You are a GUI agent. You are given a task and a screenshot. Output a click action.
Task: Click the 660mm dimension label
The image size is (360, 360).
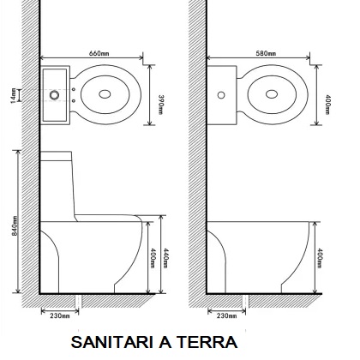[99, 53]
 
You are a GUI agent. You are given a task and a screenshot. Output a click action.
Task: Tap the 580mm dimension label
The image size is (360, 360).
[266, 53]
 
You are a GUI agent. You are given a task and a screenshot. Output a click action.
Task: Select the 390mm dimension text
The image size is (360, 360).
[161, 105]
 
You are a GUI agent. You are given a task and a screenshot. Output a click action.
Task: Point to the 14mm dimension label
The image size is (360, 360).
[14, 96]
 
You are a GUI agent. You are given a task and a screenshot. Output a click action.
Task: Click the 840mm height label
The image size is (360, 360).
[15, 225]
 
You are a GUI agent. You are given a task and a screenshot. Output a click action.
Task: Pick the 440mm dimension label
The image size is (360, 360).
[165, 258]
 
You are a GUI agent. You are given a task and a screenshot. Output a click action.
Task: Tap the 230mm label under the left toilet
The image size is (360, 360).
[60, 315]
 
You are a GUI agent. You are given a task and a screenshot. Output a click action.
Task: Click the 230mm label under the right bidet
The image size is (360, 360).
[226, 315]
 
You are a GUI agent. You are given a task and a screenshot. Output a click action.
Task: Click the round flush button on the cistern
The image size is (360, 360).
[54, 95]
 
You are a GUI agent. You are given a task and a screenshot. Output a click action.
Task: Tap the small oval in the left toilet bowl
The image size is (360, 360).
[105, 94]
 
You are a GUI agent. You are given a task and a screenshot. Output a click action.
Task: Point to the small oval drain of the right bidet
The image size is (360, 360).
[272, 94]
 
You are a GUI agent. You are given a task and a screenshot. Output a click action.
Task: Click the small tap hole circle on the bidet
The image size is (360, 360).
[221, 95]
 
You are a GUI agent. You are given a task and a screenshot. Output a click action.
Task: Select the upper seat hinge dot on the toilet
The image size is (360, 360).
[74, 89]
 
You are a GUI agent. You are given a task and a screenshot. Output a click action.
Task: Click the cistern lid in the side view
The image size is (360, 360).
[56, 156]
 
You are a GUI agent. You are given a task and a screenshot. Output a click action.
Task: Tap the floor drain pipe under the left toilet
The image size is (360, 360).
[78, 302]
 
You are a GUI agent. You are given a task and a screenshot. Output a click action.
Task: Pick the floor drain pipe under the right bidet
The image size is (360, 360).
[245, 302]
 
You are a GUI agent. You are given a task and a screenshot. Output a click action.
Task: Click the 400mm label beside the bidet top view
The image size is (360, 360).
[327, 105]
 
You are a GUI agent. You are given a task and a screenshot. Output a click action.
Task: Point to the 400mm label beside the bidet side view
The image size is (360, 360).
[320, 258]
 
